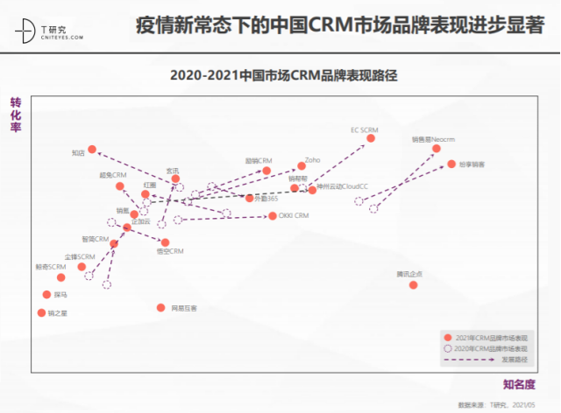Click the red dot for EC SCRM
371,138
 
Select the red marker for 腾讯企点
414,284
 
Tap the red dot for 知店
92,150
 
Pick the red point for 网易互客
160,307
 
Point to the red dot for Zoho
301,166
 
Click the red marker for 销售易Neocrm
437,149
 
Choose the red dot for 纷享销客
451,164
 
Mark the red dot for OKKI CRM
273,215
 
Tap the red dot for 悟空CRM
166,242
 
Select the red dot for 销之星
41,312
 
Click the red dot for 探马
46,295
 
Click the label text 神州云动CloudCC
343,187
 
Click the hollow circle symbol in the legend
449,348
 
